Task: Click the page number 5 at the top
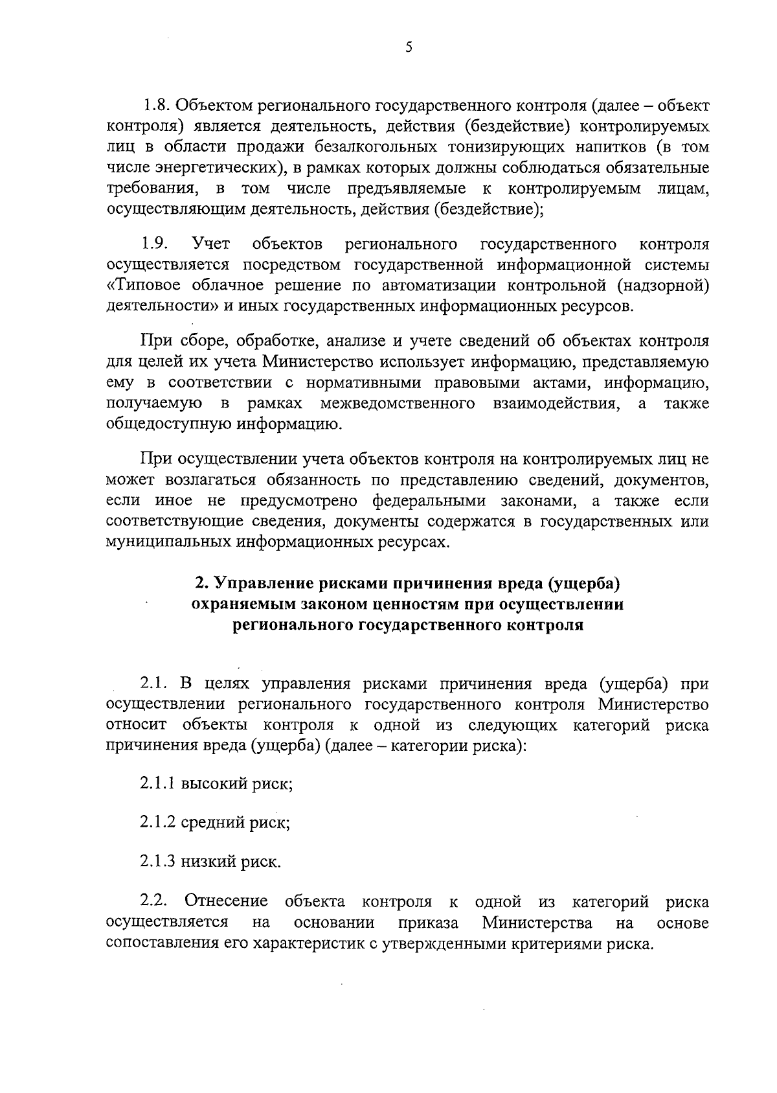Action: [x=408, y=47]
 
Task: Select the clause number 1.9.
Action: [x=155, y=244]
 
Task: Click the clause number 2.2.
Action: [x=155, y=902]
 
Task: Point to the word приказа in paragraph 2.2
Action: [x=429, y=923]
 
